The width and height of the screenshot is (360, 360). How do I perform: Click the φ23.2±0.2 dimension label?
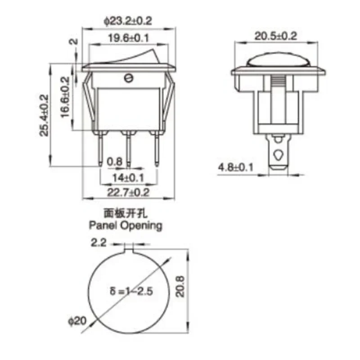coord(128,21)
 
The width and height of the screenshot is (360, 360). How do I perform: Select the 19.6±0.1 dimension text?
coord(129,38)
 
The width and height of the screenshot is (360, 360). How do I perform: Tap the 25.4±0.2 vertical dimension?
coord(44,116)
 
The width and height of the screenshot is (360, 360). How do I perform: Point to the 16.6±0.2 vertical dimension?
coord(65,97)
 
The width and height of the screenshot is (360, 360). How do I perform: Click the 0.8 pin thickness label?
coord(115,162)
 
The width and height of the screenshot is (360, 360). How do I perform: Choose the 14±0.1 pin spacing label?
coord(128,178)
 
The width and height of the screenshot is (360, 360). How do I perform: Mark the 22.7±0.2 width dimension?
coord(128,192)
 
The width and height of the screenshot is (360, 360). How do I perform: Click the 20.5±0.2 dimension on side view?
coord(276,36)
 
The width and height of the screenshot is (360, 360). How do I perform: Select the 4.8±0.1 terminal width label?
coord(235,167)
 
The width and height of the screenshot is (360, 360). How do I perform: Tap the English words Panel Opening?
coord(126,225)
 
